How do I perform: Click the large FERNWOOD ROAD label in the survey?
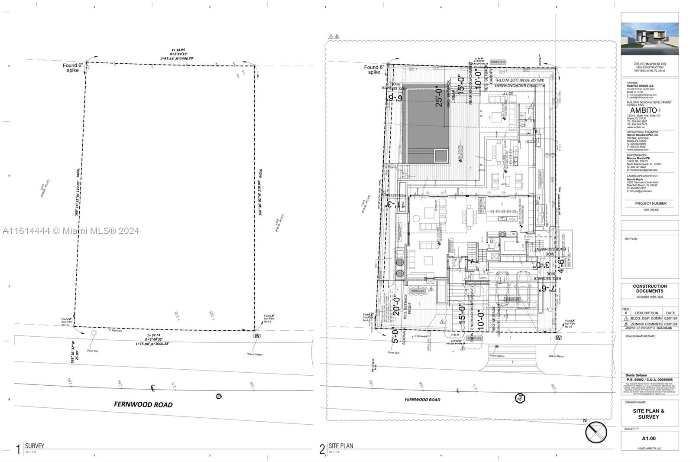pos(143,404)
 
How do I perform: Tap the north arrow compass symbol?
pos(596,432)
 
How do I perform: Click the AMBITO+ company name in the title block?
pos(645,111)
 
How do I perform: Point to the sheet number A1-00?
pos(649,439)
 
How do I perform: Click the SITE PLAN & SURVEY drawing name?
pos(648,414)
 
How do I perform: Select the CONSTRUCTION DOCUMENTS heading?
pos(650,289)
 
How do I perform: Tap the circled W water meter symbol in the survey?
pos(257,336)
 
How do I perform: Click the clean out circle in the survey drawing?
pos(94,332)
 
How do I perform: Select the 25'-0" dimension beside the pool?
pos(439,96)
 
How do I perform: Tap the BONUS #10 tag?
pos(498,62)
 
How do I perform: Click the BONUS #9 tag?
pos(418,291)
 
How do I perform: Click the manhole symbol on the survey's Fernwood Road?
pos(219,396)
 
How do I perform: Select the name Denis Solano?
pos(636,375)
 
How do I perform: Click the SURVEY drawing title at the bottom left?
pos(35,446)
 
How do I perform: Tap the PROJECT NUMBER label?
pos(651,203)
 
